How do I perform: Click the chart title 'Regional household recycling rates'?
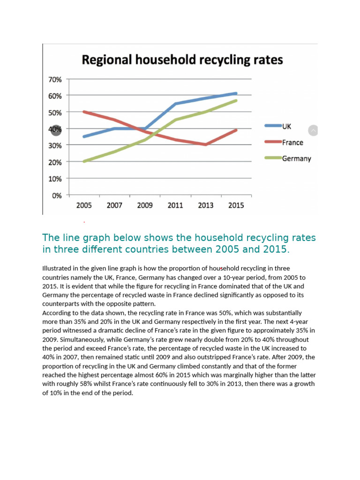182,60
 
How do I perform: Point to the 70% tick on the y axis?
55,80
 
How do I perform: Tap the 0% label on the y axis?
57,195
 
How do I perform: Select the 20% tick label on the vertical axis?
55,162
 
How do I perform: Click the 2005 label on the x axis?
84,205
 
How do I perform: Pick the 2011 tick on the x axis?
175,205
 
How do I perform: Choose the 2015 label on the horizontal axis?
236,205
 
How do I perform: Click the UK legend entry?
286,126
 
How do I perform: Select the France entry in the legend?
292,142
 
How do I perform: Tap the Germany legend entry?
296,158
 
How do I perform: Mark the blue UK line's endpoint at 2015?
236,94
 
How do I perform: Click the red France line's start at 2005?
84,112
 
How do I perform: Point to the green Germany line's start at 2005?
84,161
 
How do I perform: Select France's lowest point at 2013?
206,144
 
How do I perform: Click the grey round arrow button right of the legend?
313,131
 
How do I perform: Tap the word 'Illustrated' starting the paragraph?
58,269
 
